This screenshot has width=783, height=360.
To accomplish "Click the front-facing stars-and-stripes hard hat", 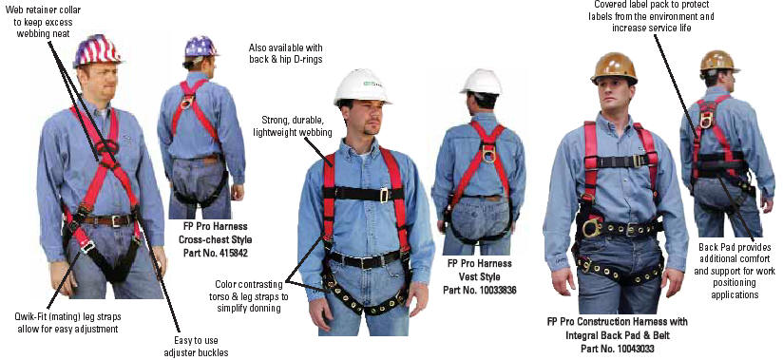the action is (97, 50).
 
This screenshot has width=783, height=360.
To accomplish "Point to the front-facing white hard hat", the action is (361, 86).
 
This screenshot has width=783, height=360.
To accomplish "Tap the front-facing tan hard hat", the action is (614, 67).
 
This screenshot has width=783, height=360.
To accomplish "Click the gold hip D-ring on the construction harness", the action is (592, 227).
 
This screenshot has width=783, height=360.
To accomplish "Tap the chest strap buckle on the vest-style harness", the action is (384, 195).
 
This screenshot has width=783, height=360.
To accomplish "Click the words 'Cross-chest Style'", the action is (215, 239).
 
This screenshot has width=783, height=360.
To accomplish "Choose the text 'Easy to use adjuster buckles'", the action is (197, 347).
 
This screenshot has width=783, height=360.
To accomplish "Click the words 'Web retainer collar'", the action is (45, 10).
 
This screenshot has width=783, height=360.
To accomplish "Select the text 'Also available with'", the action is (286, 47).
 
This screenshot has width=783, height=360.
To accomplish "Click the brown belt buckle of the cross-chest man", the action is (116, 220).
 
